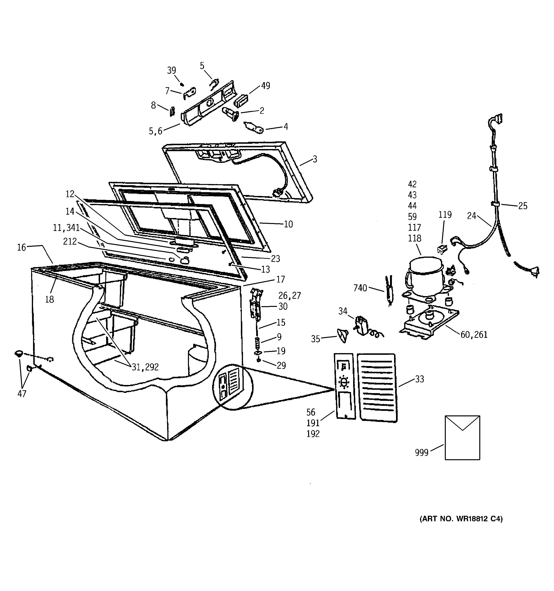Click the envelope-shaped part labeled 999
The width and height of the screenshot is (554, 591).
tap(462, 437)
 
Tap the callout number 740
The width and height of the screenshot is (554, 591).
tap(360, 288)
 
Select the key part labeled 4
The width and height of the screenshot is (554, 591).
tap(254, 128)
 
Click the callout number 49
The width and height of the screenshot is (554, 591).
tap(266, 86)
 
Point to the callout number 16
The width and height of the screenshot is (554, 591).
tap(21, 247)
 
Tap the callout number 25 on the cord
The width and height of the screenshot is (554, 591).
tap(523, 206)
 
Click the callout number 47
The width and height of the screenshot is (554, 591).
tap(22, 394)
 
